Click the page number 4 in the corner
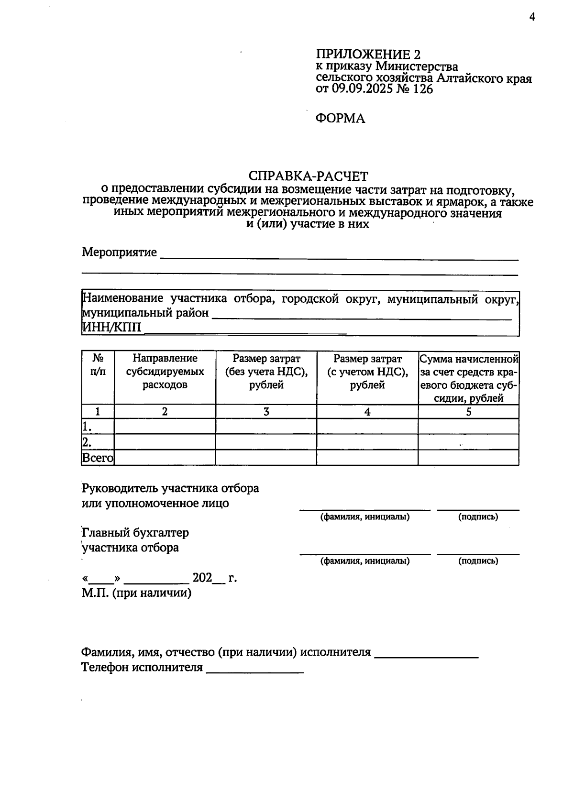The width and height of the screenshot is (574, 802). coord(532,18)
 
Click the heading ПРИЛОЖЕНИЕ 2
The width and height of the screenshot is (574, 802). coord(368,54)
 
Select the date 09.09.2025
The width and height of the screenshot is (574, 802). coord(362,89)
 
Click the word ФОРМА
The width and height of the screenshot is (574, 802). coord(340,119)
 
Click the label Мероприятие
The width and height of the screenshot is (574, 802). coord(119,252)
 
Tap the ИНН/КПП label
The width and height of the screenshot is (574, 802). coord(112,328)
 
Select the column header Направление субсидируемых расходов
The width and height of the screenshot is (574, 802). coord(165,372)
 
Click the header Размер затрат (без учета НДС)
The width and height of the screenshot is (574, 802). coord(266,372)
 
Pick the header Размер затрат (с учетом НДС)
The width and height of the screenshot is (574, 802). coord(367,372)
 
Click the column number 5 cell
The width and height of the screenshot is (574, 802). coord(469,412)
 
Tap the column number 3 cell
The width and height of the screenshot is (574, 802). coord(266,412)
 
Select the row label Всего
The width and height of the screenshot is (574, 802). coord(98,458)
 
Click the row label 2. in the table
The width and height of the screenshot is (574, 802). coord(87,442)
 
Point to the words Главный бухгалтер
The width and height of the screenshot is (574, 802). coord(135,532)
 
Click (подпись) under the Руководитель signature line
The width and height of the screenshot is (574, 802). coord(478,517)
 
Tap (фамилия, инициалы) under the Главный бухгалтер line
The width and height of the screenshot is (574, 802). coord(365,561)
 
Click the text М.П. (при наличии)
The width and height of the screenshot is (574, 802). coord(136,593)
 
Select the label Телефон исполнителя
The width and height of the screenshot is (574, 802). coord(142,667)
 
